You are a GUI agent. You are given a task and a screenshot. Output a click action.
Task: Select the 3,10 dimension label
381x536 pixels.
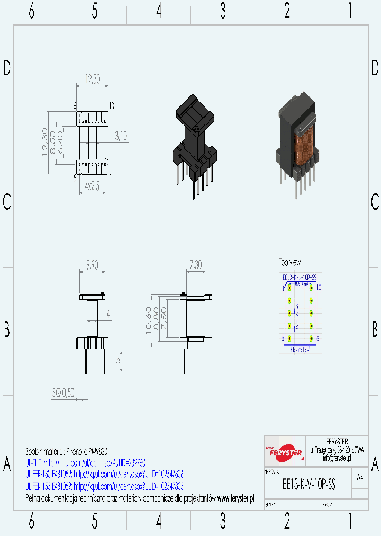tap(121, 136)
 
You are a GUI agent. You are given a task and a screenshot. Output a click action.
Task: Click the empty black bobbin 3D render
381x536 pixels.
tap(194, 143)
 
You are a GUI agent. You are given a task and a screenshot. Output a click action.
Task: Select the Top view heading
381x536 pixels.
tap(290, 262)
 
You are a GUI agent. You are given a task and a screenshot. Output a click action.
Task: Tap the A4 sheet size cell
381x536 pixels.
tap(360, 477)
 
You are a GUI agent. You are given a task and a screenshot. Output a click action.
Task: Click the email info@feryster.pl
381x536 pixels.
tap(337, 458)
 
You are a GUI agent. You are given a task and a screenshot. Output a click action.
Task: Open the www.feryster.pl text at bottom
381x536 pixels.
tap(235, 498)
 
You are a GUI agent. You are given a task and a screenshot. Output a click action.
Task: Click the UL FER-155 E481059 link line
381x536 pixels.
tap(104, 486)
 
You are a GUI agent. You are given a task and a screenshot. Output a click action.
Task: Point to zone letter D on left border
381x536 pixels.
tap(7, 68)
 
